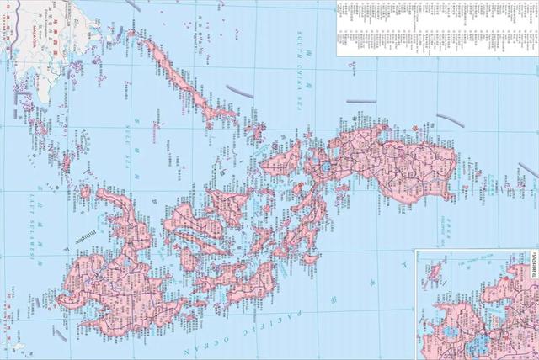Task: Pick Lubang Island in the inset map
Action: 436,271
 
